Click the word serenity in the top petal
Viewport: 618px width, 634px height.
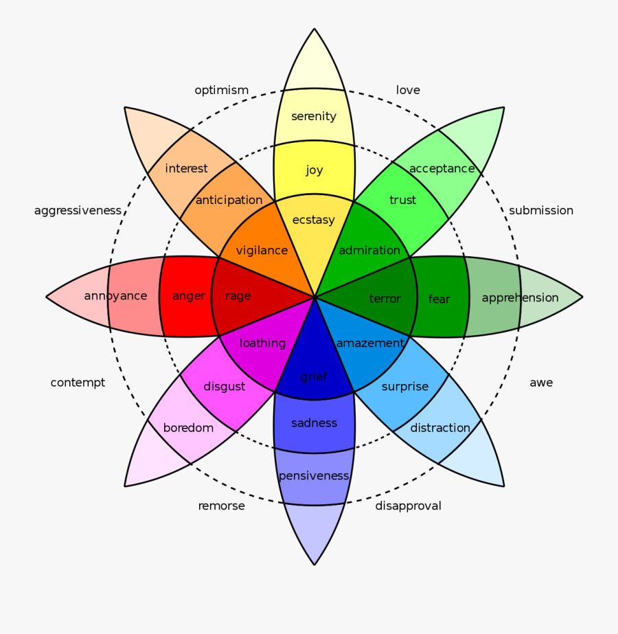[314, 116]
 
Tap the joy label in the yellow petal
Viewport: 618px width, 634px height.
[314, 170]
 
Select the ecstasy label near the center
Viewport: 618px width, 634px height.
[314, 220]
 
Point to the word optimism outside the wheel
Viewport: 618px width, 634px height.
[221, 91]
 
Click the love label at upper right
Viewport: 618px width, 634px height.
[408, 90]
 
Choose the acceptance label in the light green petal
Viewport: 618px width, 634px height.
[442, 169]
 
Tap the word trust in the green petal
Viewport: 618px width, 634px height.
[402, 200]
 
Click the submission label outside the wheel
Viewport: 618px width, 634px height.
[541, 210]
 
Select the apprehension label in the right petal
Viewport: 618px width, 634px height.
[520, 297]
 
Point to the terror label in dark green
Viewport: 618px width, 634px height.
[385, 298]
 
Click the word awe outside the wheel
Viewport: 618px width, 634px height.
[541, 383]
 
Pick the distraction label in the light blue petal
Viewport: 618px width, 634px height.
[440, 428]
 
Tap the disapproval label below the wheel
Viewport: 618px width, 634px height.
[408, 506]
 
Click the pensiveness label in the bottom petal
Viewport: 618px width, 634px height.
[314, 476]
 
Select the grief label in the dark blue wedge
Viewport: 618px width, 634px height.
[314, 376]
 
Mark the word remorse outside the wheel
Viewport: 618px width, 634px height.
[221, 506]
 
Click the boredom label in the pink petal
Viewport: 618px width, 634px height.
[188, 428]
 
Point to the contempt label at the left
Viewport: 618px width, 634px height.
[78, 383]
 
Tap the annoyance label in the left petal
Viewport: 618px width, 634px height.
[115, 296]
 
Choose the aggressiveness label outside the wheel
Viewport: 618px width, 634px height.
[78, 210]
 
